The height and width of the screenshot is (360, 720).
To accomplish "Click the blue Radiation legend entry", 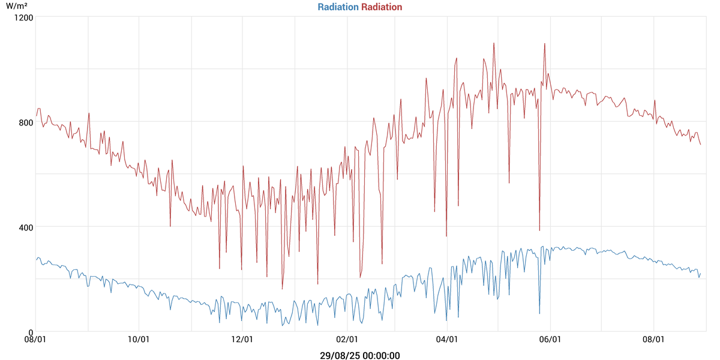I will coord(338,7).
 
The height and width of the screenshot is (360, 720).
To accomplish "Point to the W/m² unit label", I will coord(17,5).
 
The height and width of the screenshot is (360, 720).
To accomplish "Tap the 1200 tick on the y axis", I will coord(23,17).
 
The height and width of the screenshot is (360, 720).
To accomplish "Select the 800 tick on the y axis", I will coord(25,122).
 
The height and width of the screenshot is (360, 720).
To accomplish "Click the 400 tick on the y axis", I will coord(25,227).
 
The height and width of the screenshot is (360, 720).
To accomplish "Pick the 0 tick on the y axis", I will coord(30,332).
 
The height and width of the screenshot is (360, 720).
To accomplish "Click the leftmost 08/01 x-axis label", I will coord(35,340).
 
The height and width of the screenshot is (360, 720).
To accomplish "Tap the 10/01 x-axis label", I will coord(139,340).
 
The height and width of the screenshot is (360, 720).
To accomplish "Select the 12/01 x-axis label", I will coord(242,340).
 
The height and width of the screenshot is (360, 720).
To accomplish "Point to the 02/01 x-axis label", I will coord(347,340).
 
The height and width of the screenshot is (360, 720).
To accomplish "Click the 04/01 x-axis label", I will coord(448,340).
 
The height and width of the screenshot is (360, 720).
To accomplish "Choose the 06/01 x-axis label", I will coord(550,340).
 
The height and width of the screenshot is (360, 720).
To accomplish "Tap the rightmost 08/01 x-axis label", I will coord(653,340).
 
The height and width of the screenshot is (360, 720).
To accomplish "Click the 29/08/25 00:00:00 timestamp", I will coord(360,355).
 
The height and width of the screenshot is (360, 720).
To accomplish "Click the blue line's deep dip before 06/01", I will coord(539,313).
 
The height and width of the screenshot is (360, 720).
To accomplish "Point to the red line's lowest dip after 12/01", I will coord(282,289).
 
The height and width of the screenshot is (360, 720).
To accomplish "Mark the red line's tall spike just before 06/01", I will coord(544,43).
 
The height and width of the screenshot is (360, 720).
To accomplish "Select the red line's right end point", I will coord(700,145).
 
